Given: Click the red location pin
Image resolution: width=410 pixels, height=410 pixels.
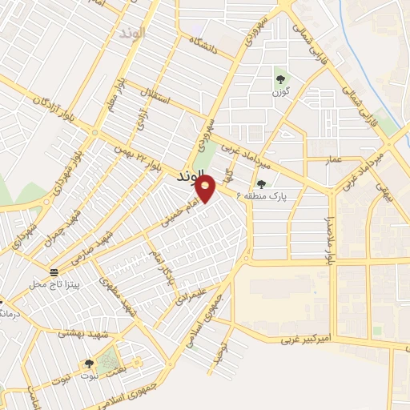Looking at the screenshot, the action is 207,189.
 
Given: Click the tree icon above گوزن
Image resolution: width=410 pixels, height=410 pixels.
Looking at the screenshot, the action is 280,78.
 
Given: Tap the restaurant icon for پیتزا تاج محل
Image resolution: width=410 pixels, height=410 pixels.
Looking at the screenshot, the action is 54,271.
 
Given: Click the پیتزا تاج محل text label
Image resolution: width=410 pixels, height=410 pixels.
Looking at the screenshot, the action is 51,284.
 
